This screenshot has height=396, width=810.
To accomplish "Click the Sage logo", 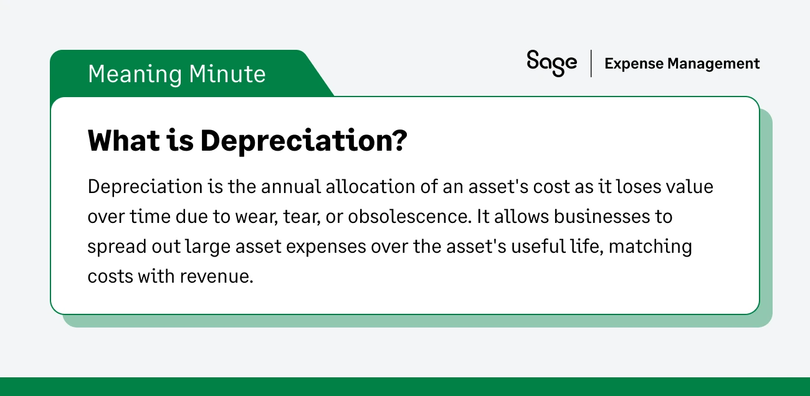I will coord(551,63).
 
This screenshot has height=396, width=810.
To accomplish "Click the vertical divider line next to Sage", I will coord(591,64).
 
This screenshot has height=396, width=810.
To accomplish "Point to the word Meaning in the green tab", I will coord(134,74).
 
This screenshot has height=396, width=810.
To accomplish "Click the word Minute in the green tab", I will coord(227,74).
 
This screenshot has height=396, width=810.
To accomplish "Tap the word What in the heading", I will coord(121,142).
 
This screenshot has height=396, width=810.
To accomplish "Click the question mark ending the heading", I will coord(399,142).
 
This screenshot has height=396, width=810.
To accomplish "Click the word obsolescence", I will coord(409,217).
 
